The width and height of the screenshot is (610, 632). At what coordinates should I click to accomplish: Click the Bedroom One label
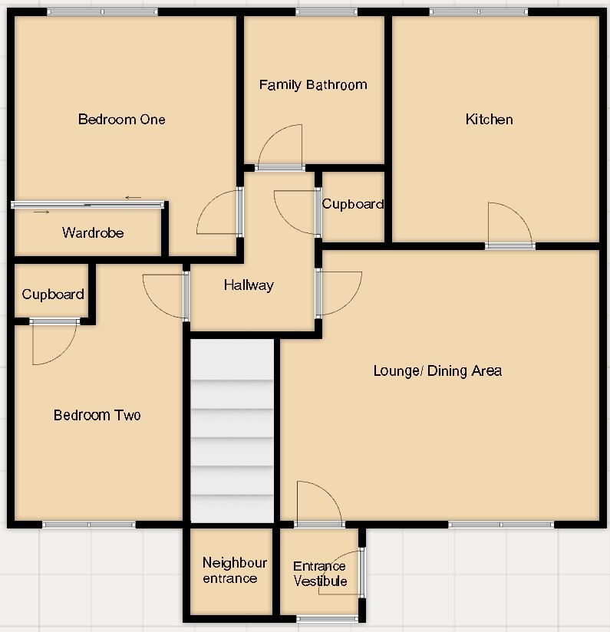click(x=121, y=119)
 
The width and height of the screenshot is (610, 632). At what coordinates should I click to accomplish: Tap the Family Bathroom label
click(x=313, y=84)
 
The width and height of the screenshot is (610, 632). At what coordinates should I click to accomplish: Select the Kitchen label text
click(x=489, y=119)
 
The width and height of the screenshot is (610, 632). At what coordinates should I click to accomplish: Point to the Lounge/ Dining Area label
click(x=437, y=371)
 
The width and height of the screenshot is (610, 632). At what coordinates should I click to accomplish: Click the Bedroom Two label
click(x=97, y=415)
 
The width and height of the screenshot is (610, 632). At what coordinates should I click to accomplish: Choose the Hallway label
click(x=249, y=285)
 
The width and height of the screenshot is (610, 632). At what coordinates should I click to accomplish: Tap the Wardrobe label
click(x=93, y=232)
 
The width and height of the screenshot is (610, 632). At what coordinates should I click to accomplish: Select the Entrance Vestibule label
click(x=320, y=574)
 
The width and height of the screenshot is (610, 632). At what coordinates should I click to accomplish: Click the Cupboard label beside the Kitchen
click(x=352, y=204)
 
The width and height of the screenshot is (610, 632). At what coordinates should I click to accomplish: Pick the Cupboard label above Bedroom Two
click(x=53, y=295)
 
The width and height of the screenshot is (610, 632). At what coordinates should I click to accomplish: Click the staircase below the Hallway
click(x=232, y=430)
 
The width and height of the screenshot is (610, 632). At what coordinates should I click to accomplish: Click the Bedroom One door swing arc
click(x=216, y=213)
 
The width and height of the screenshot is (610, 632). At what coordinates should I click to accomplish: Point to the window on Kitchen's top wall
click(x=478, y=12)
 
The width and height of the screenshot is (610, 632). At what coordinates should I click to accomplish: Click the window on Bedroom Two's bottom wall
click(x=89, y=525)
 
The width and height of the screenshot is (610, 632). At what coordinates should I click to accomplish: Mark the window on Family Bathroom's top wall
click(x=321, y=12)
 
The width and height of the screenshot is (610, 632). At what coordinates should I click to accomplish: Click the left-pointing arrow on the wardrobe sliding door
click(x=134, y=198)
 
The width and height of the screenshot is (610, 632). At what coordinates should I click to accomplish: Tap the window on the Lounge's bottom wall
click(x=501, y=525)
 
